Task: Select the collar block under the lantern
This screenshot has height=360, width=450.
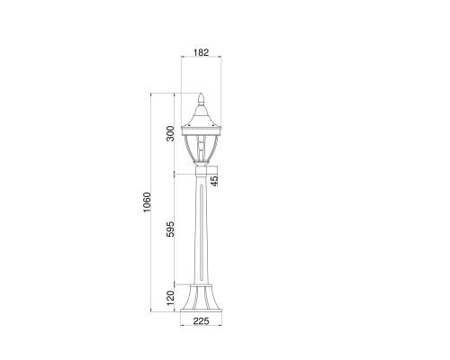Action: (202, 171)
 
